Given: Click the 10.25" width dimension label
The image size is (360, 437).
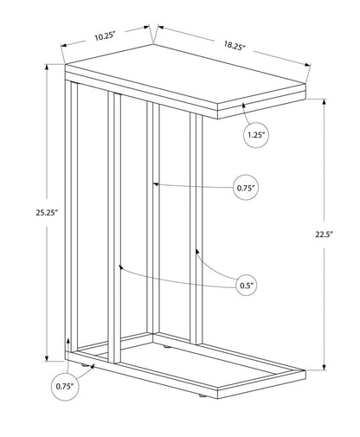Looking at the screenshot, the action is pos(105,36).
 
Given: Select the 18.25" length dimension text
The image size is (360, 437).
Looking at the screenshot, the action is pos(235,46).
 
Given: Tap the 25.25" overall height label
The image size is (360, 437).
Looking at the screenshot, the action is pos(48,213).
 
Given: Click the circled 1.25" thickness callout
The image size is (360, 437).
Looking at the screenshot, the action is pos(256,135).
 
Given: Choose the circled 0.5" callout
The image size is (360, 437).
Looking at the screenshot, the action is pos(246,286).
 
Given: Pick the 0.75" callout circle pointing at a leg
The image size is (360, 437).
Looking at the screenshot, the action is pos(246,188).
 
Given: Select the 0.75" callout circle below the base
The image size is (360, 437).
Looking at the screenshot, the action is pos(65,386).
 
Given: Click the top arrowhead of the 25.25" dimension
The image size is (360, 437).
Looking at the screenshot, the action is pos(47,67).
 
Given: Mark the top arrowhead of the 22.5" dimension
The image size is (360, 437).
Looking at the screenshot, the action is pos(325,102).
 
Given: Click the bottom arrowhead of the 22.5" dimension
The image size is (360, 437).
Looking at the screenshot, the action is pos(325,367).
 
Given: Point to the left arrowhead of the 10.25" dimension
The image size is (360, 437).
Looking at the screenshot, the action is pos(64,45).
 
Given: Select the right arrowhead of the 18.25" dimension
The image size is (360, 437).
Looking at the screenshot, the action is pos(307,66).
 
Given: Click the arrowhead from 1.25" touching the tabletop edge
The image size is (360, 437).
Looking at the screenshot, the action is pos(244,106).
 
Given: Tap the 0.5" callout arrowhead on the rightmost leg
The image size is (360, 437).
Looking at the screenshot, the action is pos(197,252).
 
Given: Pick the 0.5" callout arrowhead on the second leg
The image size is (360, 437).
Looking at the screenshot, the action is pos(121,267).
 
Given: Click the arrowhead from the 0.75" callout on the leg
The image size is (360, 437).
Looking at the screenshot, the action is pos(156,184).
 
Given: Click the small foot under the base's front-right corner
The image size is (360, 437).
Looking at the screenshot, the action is pos(201,397).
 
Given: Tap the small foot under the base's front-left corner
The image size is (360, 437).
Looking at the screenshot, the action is pos(85,365).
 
